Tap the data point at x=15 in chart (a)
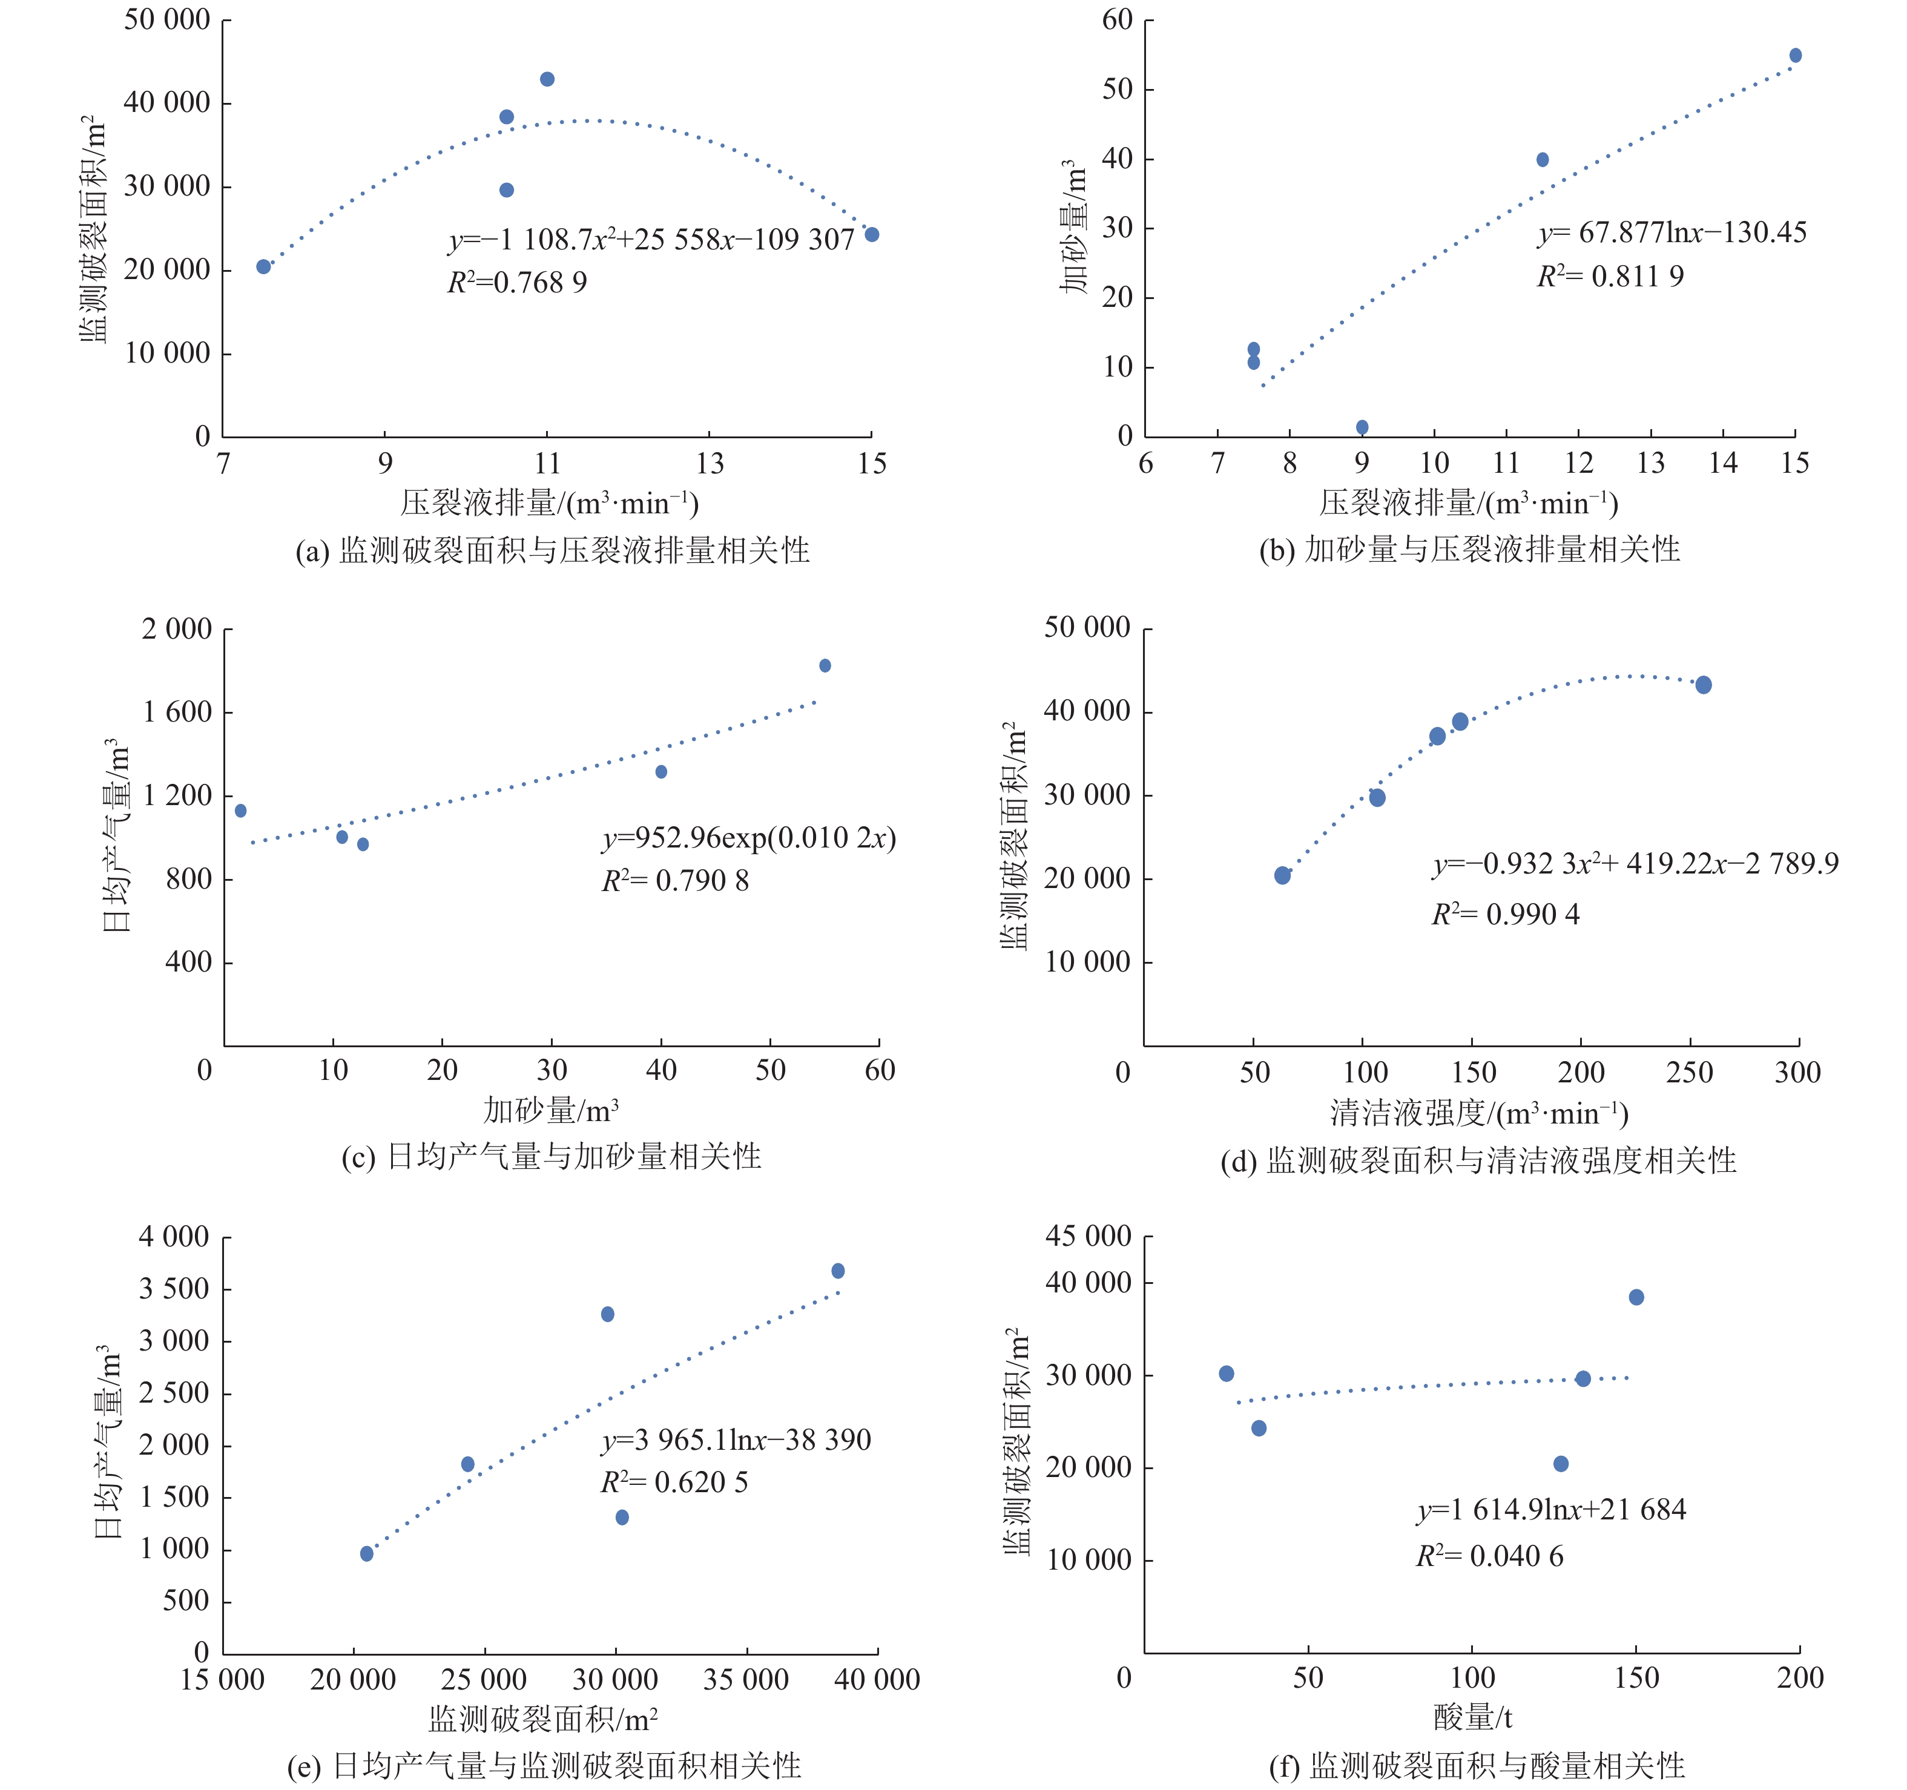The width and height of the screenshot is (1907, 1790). point(872,235)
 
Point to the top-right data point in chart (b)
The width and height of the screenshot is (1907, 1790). point(1796,56)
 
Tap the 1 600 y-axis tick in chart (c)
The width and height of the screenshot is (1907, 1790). point(177,712)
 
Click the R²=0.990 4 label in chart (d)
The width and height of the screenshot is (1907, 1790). point(1505,914)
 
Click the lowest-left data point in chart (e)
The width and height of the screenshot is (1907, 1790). point(366,1554)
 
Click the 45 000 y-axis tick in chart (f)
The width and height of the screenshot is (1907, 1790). point(1088,1237)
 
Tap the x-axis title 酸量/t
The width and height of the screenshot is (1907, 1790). point(1472,1717)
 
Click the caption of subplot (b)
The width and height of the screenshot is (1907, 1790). point(1469,550)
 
